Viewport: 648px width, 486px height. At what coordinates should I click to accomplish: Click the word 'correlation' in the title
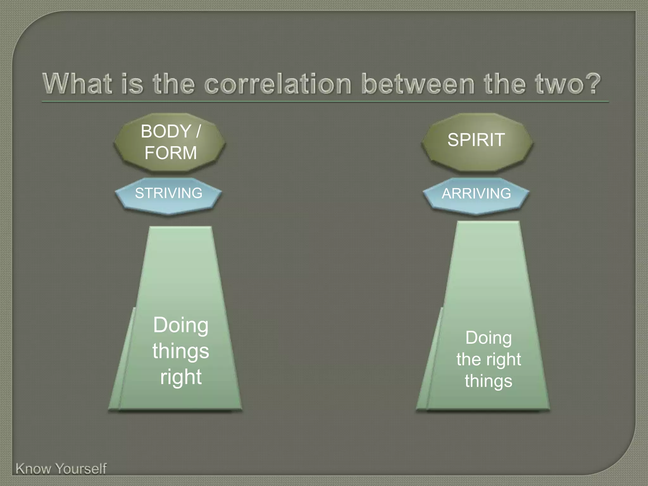coord(278,84)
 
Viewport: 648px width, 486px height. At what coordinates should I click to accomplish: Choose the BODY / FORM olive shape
coord(170,142)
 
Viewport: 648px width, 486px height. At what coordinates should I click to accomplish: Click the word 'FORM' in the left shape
coord(171,153)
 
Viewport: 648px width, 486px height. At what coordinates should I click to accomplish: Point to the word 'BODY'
coord(166,131)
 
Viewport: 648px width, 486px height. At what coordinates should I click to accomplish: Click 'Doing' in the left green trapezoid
coord(181,325)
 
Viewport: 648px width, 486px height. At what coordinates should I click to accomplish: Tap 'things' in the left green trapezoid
coord(181,351)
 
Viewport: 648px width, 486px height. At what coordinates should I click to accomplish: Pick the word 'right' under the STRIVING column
coord(181,377)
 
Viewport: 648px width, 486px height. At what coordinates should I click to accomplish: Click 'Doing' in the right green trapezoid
coord(489,338)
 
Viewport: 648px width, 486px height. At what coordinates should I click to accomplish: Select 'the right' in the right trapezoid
coord(489,359)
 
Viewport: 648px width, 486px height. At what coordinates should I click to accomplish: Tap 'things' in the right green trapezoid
coord(489,381)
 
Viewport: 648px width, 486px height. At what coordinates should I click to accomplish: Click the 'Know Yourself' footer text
coord(61,469)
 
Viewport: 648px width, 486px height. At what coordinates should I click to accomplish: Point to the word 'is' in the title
coord(132,84)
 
